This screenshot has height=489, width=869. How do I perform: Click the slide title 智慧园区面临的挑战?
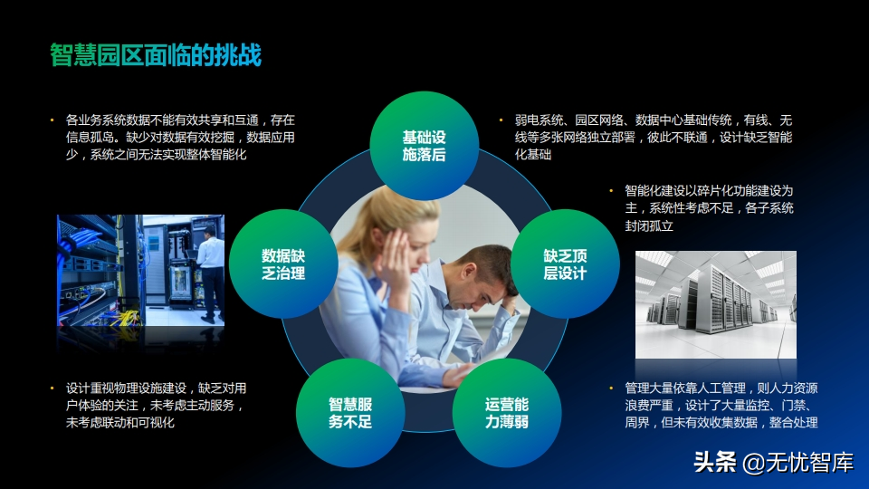(156, 55)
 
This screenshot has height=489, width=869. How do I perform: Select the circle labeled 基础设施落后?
(424, 145)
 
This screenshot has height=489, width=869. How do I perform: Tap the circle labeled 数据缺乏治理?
(283, 264)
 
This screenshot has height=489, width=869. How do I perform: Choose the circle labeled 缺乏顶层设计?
(565, 264)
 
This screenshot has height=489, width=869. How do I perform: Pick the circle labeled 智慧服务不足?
(350, 413)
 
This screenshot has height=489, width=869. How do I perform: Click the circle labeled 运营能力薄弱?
(507, 413)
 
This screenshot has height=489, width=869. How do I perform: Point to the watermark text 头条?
(715, 462)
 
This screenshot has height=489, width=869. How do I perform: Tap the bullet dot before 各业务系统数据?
(53, 120)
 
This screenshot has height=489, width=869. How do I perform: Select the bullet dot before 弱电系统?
(501, 120)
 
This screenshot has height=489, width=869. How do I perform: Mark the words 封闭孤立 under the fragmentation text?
(649, 225)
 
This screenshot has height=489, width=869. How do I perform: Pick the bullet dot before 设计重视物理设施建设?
(53, 388)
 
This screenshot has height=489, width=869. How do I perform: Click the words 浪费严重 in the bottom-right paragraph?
(649, 406)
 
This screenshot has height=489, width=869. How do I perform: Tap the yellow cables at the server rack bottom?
(125, 318)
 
